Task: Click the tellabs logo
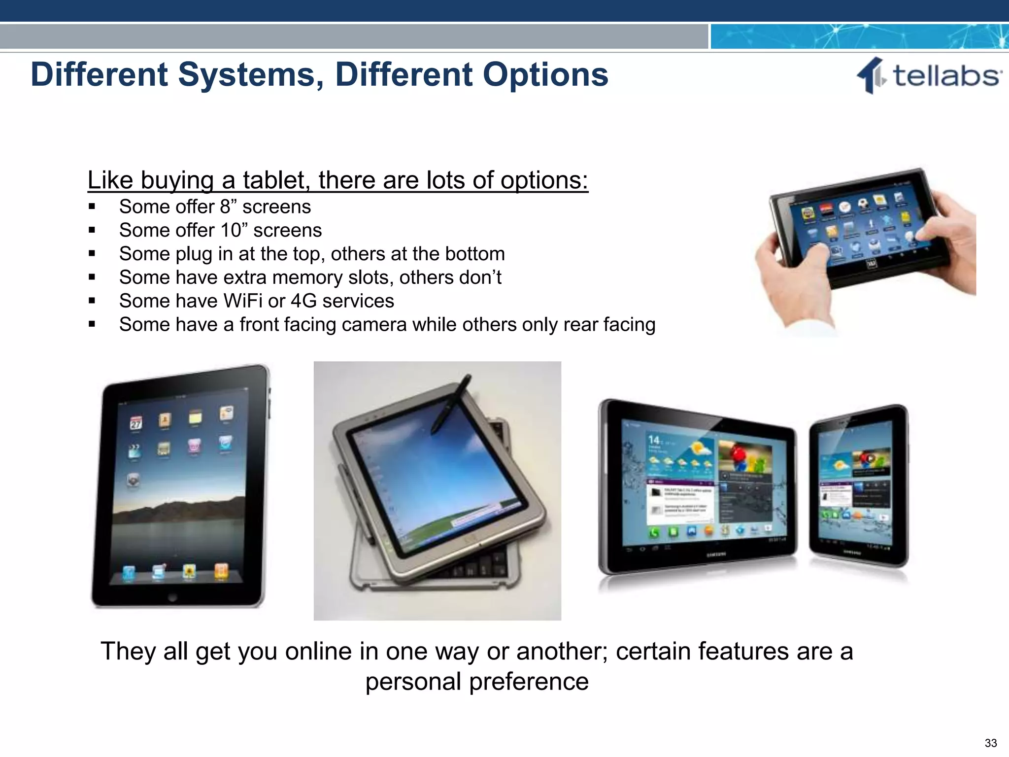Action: (x=928, y=76)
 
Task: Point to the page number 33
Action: (x=991, y=743)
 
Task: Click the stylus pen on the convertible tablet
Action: (x=451, y=404)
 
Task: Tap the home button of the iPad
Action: (x=172, y=597)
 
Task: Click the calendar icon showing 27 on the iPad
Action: (x=135, y=423)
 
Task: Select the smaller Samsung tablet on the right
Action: (x=858, y=485)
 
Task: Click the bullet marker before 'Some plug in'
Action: (x=92, y=254)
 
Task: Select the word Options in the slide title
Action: (x=545, y=75)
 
